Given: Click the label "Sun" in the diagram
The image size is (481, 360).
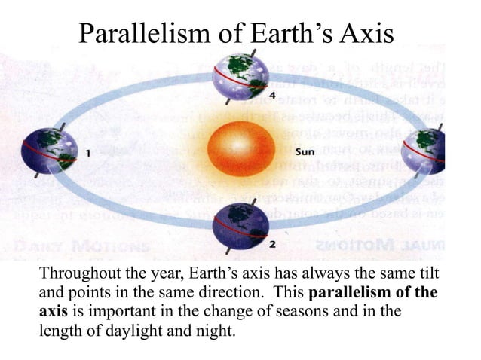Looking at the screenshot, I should (305, 151).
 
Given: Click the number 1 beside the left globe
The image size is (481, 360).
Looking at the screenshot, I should (88, 153).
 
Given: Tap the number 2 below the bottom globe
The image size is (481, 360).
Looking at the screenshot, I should (273, 245).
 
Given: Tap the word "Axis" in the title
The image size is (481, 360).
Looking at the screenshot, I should (371, 35).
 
